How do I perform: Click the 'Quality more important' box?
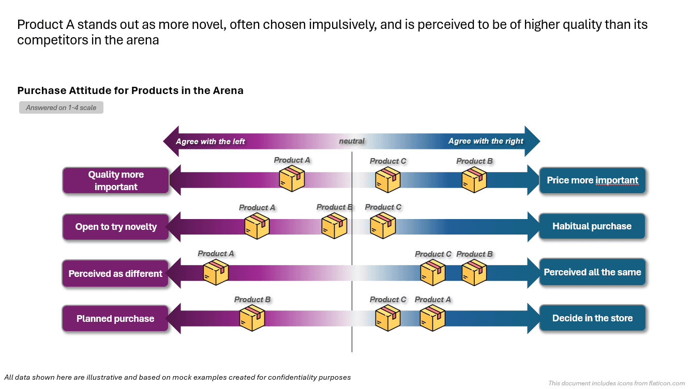[116, 181]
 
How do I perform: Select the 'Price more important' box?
[592, 180]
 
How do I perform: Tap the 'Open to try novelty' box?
[116, 227]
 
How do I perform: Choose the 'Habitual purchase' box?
[592, 226]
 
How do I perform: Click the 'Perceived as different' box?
[116, 273]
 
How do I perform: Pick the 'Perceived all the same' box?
[592, 272]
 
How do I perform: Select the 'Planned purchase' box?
[115, 318]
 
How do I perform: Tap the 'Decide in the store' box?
[592, 318]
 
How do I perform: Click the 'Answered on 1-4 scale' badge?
[61, 107]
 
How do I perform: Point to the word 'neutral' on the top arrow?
[352, 141]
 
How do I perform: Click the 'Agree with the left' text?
[211, 141]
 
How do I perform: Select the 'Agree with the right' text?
[486, 141]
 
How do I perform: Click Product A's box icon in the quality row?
[292, 179]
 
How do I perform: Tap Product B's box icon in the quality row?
[474, 180]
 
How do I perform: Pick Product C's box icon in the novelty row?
[383, 226]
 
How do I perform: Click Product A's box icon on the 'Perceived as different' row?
[216, 273]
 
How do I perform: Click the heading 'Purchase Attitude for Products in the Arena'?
[130, 90]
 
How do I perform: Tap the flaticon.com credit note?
[617, 383]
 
